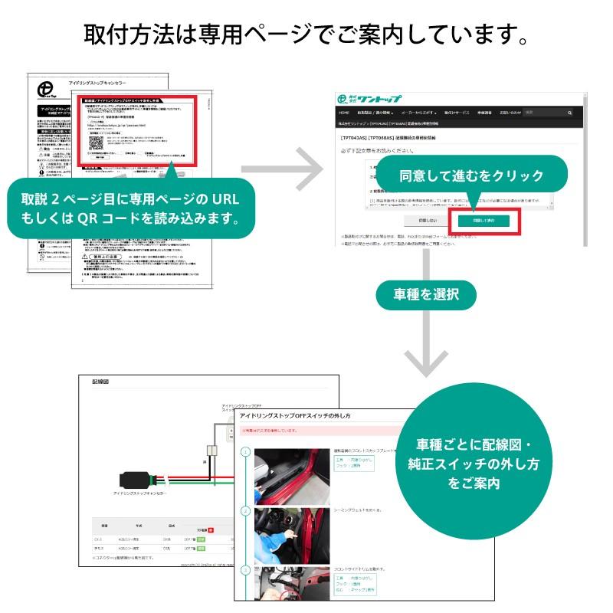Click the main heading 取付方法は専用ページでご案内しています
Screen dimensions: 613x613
tap(306, 34)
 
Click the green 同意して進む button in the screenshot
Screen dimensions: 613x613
tap(484, 220)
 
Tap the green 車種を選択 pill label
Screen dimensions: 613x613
tap(426, 293)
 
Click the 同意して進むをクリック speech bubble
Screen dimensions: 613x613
tap(471, 175)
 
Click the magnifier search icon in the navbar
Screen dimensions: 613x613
tap(570, 113)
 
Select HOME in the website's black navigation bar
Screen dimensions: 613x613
tap(345, 113)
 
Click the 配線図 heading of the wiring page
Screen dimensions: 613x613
tap(102, 381)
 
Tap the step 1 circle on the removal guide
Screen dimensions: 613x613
tap(246, 453)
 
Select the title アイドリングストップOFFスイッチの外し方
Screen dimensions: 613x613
tap(295, 416)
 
